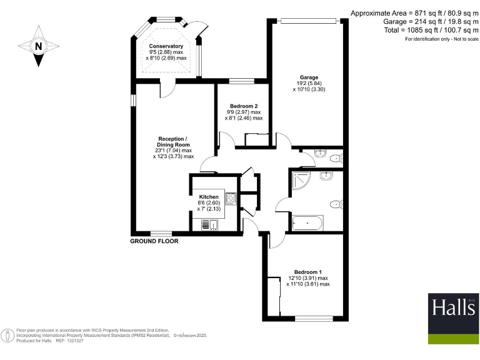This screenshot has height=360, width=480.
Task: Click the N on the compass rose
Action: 39,46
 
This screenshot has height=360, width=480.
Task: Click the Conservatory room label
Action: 166,46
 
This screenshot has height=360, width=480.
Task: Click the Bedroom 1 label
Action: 308,272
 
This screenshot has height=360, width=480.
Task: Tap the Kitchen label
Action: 209,197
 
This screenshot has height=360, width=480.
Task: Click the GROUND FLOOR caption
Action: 154,241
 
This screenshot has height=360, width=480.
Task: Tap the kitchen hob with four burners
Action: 231,199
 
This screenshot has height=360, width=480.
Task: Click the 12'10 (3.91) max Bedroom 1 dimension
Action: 308,278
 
